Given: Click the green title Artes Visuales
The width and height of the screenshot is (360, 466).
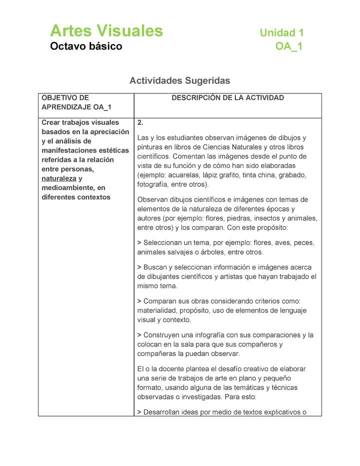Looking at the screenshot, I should click(106, 31).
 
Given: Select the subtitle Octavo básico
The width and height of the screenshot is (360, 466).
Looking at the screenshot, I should click(86, 46).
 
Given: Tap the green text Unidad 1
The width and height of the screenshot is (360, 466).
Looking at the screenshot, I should click(281, 33).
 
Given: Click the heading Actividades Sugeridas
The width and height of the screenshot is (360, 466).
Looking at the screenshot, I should click(179, 80).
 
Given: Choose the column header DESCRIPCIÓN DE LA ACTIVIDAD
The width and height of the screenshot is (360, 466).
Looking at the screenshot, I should click(227, 98).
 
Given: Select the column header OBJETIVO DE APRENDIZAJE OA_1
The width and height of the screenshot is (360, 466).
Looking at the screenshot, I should click(76, 102).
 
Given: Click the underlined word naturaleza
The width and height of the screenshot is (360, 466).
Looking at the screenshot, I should click(59, 178).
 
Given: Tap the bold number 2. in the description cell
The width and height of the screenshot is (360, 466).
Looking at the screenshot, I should click(140, 122).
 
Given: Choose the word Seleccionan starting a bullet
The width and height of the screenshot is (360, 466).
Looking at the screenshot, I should click(166, 243).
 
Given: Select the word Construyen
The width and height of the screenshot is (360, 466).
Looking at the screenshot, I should click(163, 335).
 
